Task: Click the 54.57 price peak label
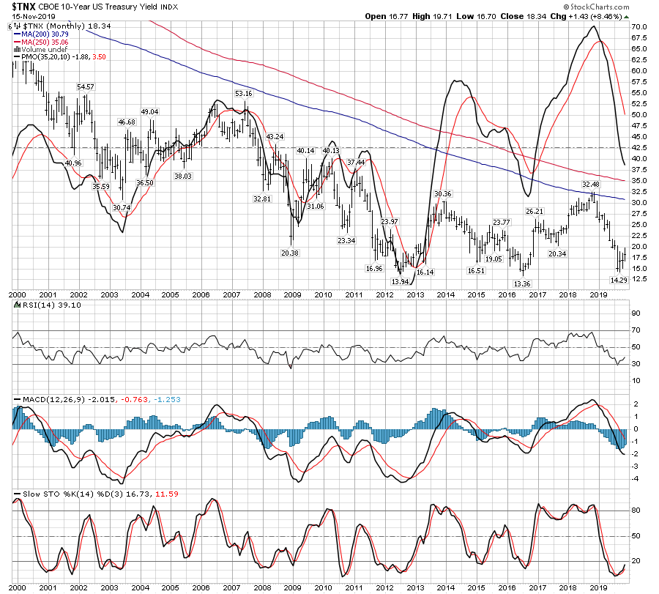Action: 86,87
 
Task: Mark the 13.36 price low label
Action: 521,283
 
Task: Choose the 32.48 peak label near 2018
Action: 591,184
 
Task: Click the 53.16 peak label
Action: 243,94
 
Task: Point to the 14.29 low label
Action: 619,280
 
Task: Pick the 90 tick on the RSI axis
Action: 636,313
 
